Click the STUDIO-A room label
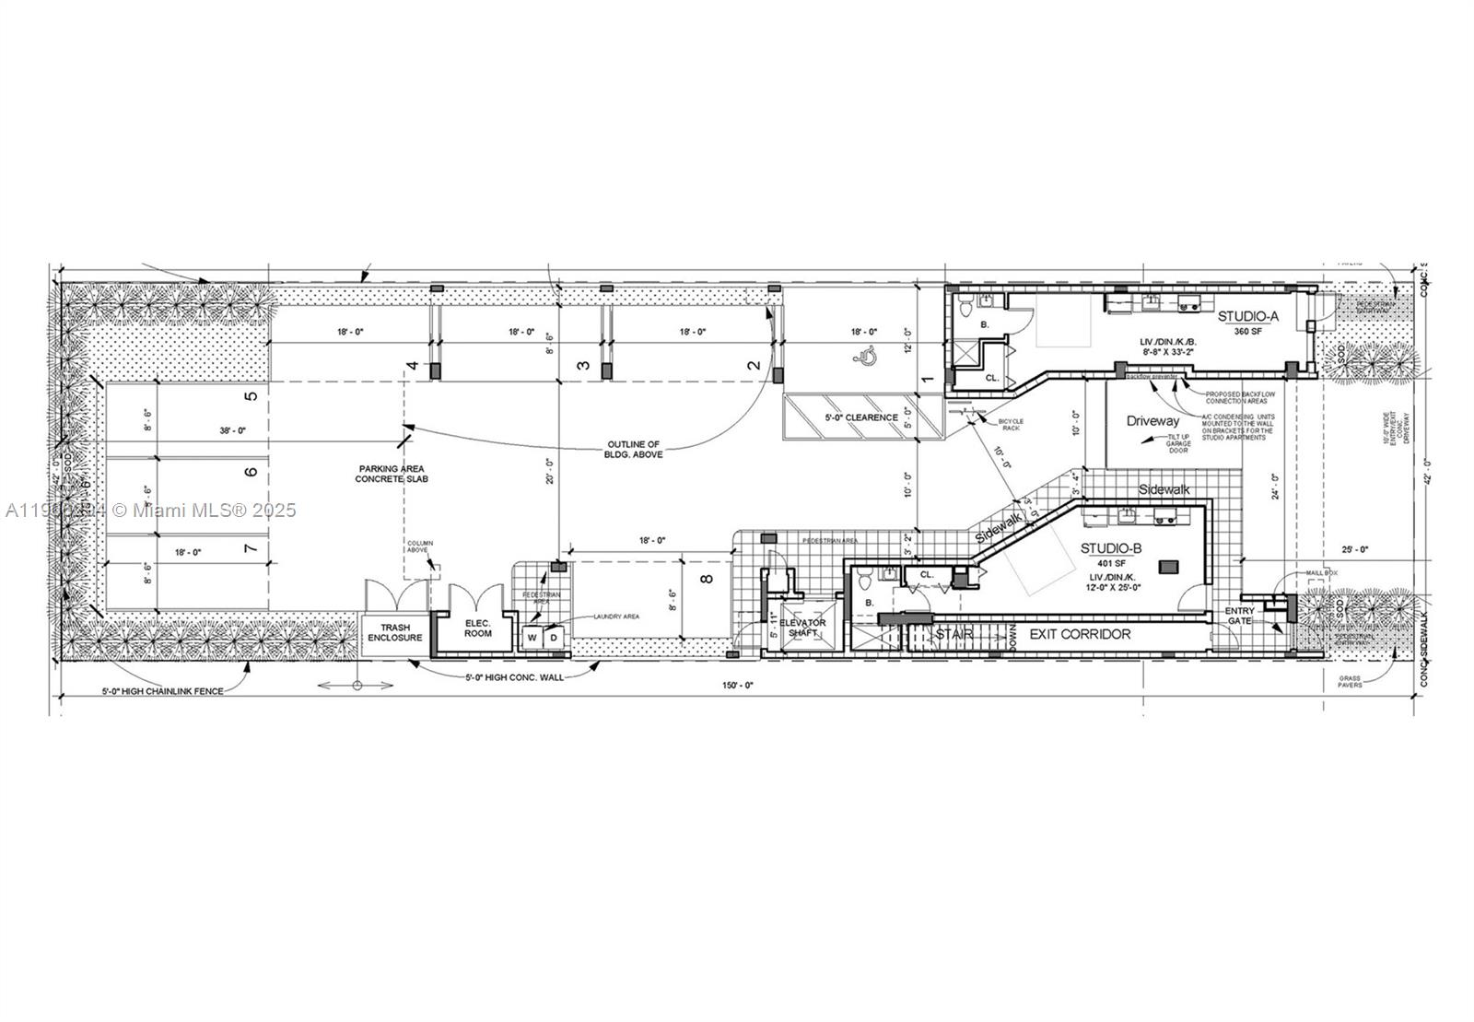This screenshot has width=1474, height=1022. (1248, 317)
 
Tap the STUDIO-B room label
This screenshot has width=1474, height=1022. (1111, 548)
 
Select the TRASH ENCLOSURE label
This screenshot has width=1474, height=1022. (395, 633)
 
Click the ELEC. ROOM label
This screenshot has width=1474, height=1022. (477, 628)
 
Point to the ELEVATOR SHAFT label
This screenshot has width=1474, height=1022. (802, 628)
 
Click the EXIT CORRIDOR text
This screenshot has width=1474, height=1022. (1080, 634)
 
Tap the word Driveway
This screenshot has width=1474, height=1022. (1152, 421)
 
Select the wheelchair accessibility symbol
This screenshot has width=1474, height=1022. (865, 356)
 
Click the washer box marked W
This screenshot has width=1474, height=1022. (532, 637)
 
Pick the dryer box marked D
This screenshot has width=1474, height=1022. (554, 637)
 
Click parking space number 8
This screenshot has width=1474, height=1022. (707, 580)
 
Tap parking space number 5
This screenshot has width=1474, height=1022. (251, 397)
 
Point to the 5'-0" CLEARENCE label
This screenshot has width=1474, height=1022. (861, 417)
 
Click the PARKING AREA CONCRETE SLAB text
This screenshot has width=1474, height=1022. (392, 474)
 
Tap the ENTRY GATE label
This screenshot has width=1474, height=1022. (1239, 617)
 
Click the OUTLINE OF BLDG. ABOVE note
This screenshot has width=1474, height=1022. (632, 449)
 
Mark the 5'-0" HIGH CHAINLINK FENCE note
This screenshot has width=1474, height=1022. (162, 691)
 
